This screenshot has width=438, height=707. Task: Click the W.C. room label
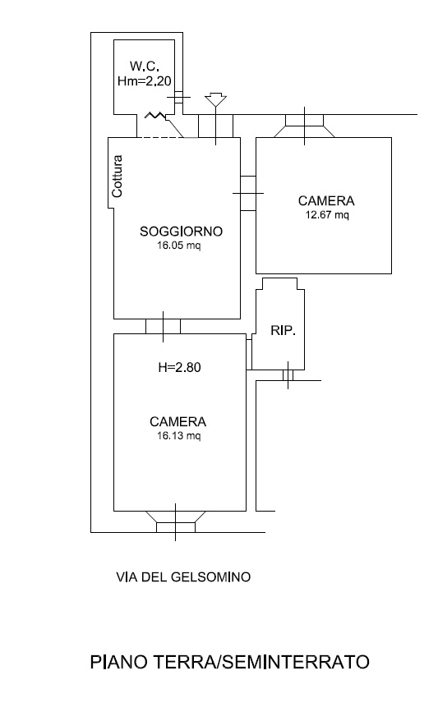[x=145, y=67]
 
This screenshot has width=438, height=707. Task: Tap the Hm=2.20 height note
[x=145, y=81]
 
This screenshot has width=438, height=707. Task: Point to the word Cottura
[x=118, y=177]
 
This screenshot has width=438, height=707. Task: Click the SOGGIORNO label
[x=181, y=232]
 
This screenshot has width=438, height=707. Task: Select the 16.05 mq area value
[x=179, y=246]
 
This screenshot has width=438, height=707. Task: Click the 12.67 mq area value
[x=327, y=214]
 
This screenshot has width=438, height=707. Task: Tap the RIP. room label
[x=283, y=330]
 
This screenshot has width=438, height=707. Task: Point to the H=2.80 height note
[x=179, y=368]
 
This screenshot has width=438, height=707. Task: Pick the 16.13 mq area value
[x=179, y=436]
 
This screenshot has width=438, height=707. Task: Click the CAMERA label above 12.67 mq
[x=326, y=200]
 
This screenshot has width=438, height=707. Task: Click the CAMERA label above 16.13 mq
[x=178, y=421]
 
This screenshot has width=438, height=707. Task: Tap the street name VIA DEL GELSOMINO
[x=183, y=577]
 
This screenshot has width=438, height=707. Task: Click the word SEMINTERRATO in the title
[x=296, y=663]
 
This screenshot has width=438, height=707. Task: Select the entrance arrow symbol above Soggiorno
[x=215, y=100]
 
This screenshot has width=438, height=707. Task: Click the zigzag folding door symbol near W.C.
[x=154, y=116]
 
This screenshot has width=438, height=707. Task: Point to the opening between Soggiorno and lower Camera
[x=163, y=327]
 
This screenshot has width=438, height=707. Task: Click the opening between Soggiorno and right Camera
[x=248, y=193]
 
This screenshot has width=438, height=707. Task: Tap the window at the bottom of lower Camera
[x=176, y=522]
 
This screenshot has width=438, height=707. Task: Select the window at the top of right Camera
[x=305, y=126]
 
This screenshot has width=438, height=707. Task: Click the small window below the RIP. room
[x=288, y=375]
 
